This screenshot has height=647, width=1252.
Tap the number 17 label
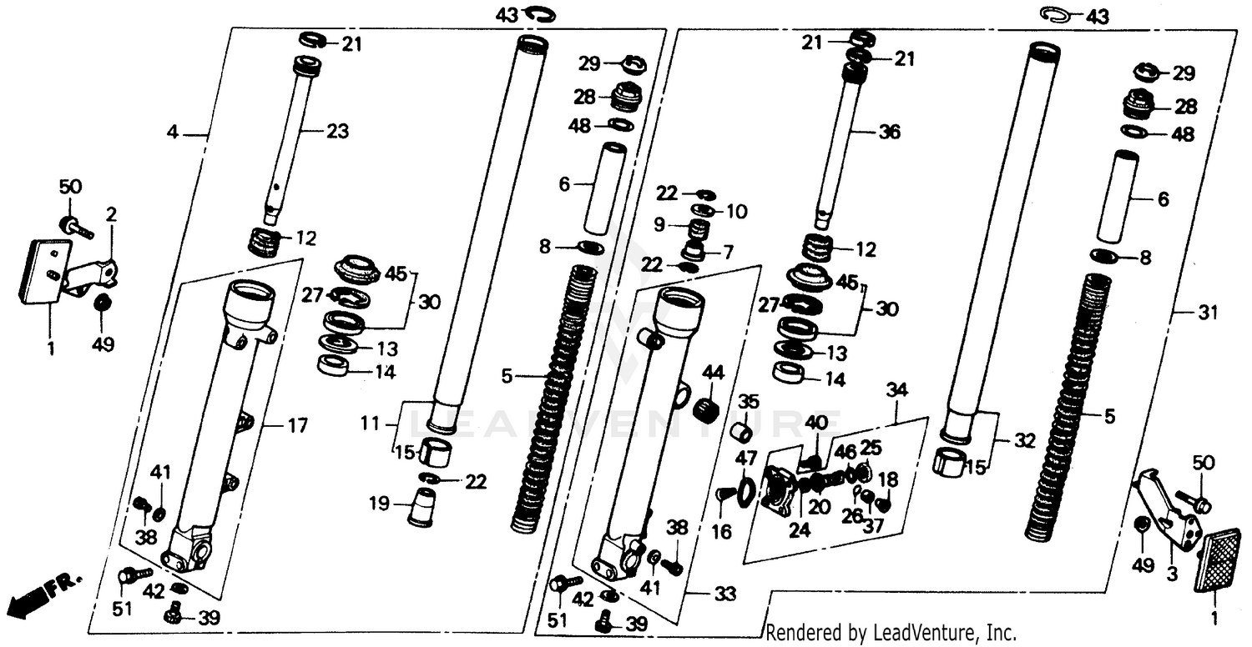pyautogui.click(x=297, y=426)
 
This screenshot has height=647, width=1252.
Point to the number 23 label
pyautogui.click(x=338, y=131)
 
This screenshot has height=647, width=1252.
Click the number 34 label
pyautogui.click(x=896, y=389)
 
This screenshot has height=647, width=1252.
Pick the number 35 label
pyautogui.click(x=749, y=402)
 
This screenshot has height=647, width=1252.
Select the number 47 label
pyautogui.click(x=745, y=458)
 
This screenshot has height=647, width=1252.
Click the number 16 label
pyautogui.click(x=722, y=530)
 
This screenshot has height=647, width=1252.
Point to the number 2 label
pyautogui.click(x=110, y=214)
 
